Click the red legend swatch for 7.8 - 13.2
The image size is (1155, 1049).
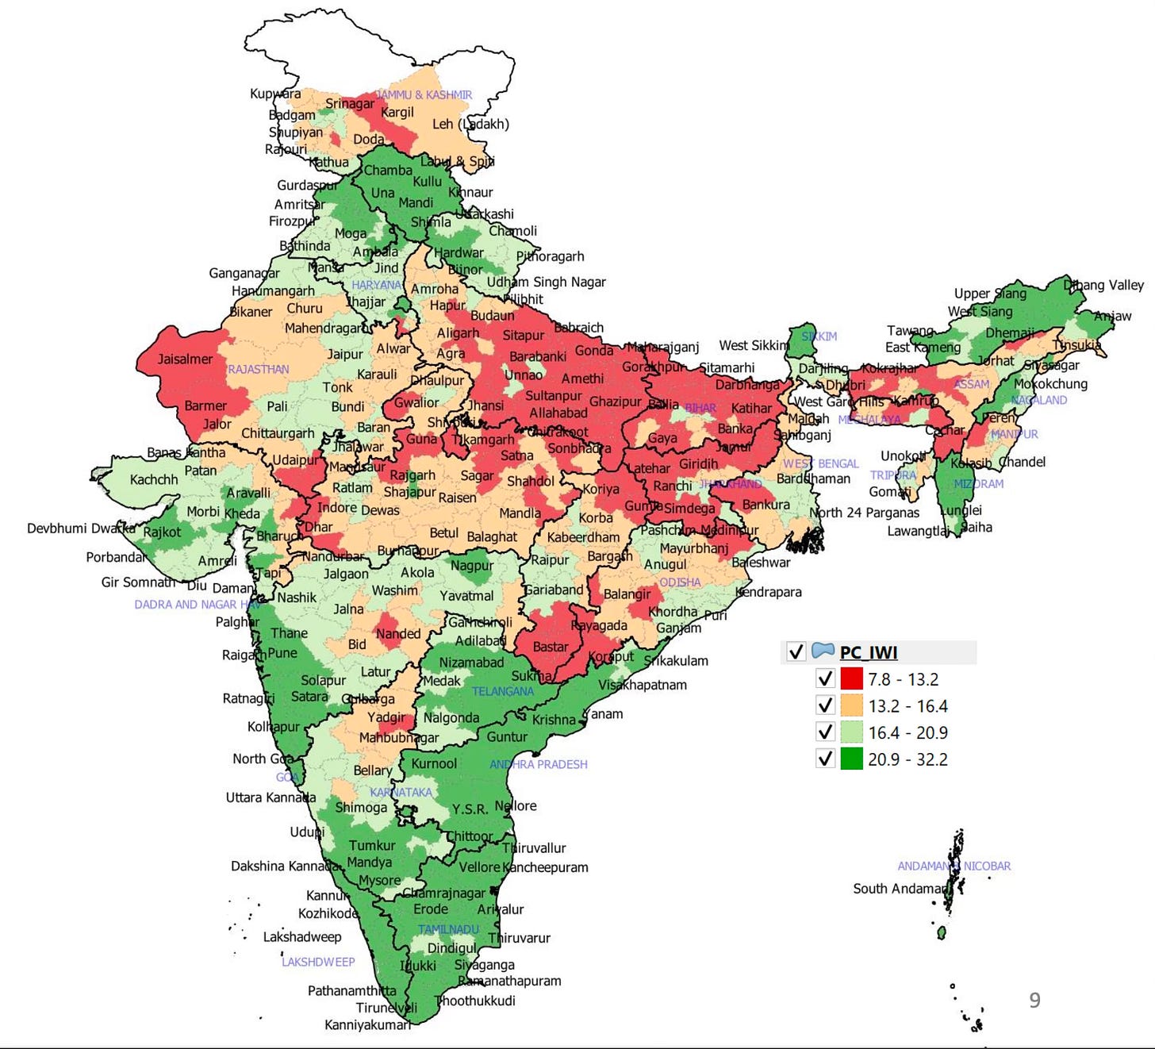(x=851, y=679)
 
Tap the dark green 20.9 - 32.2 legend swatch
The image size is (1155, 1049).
(x=851, y=759)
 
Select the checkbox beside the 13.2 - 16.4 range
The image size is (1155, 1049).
(x=825, y=705)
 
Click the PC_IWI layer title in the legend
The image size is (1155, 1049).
(x=869, y=652)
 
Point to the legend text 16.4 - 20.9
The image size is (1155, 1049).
(x=907, y=732)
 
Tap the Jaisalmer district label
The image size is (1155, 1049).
(x=185, y=359)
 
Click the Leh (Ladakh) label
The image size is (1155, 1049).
(x=470, y=125)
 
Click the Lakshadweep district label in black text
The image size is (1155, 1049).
(x=302, y=937)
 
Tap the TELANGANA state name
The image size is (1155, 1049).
(x=502, y=691)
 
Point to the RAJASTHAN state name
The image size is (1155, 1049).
(x=258, y=370)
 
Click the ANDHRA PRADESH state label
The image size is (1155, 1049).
(x=539, y=765)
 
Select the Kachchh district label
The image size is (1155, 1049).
(x=154, y=480)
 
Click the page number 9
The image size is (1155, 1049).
(x=1034, y=1001)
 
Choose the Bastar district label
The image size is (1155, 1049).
(x=550, y=647)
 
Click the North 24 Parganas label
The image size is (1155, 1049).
(x=865, y=513)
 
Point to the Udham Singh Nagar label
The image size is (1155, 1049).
(x=546, y=282)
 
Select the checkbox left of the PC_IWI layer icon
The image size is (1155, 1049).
(x=796, y=652)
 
